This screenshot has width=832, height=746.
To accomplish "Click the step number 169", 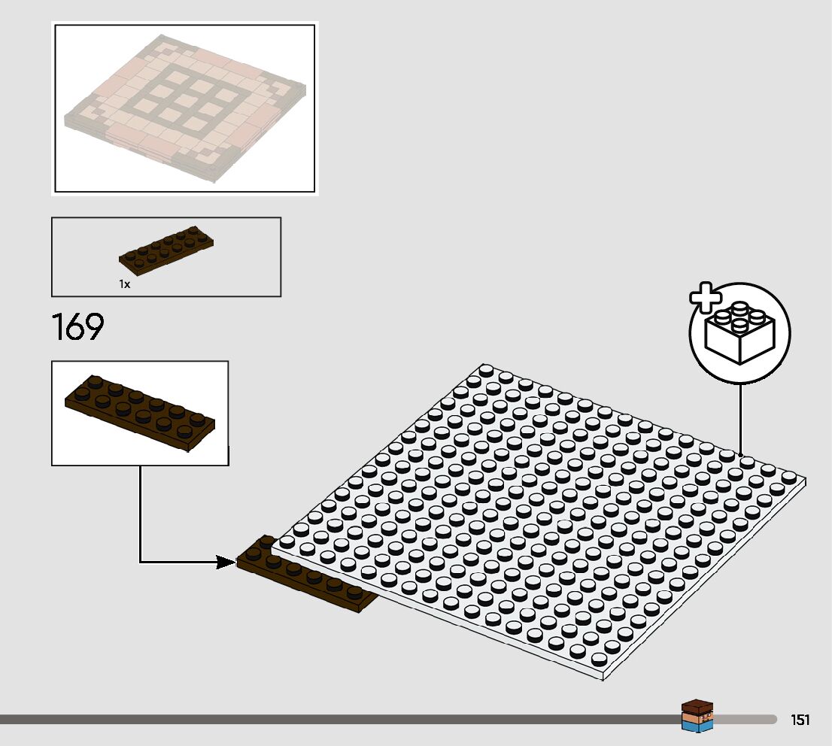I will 77,327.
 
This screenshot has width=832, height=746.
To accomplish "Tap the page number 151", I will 800,720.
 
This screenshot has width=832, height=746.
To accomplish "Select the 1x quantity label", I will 124,284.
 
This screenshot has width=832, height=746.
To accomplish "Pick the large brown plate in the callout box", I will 140,411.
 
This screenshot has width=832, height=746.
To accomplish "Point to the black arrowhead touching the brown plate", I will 226,562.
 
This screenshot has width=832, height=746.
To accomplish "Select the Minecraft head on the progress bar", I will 697,716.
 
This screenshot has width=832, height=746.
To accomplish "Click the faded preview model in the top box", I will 185,107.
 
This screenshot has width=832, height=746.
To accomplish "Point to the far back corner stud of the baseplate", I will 486,370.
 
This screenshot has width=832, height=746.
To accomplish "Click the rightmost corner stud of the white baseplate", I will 788,477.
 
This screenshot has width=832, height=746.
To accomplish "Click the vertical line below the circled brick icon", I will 740,418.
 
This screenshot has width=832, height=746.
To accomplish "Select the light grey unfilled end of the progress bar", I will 745,720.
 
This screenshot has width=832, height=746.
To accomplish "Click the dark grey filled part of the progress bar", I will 339,720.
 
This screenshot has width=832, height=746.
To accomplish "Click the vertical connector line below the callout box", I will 140,511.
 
